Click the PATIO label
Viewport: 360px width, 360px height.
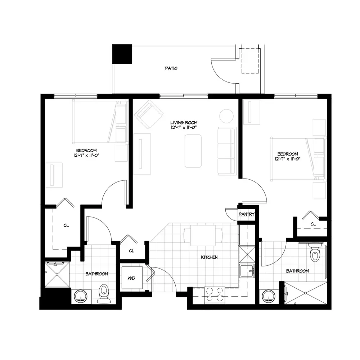click(171, 68)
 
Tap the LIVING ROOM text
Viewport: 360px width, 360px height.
click(184, 123)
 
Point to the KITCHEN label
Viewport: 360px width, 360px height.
click(209, 257)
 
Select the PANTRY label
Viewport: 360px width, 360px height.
click(247, 214)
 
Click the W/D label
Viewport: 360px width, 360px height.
click(131, 278)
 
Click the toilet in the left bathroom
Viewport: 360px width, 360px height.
click(104, 294)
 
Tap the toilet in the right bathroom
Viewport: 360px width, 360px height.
click(315, 252)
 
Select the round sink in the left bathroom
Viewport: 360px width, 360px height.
click(81, 296)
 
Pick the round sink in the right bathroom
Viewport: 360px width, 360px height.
click(269, 296)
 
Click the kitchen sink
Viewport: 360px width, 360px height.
click(247, 271)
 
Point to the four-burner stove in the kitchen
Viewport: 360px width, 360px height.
click(215, 294)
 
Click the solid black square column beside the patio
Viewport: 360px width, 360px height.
click(122, 54)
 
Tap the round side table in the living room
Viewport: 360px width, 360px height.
click(226, 116)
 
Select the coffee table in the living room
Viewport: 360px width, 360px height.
click(193, 151)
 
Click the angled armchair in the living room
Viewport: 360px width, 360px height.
click(149, 114)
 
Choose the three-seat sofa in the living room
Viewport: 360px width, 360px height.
click(227, 150)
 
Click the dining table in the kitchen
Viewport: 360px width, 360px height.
click(203, 235)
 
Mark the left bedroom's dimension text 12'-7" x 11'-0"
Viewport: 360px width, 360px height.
click(86, 156)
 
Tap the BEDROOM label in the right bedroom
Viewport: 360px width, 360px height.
click(288, 154)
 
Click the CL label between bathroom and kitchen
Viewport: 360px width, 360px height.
click(131, 251)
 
